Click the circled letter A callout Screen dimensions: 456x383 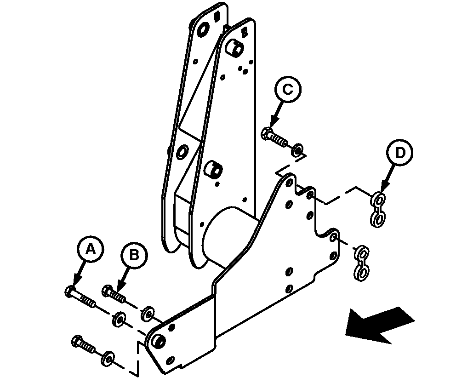coord(91,249)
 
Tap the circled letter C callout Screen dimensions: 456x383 coord(288,89)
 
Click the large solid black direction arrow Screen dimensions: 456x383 coord(380,325)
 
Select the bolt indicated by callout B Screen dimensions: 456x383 coord(114,294)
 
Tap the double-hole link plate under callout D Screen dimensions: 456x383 coord(378,209)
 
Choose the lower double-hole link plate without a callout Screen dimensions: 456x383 coord(361,264)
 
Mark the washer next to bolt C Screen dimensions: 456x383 coord(297,149)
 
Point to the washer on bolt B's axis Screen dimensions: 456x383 coord(148,314)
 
